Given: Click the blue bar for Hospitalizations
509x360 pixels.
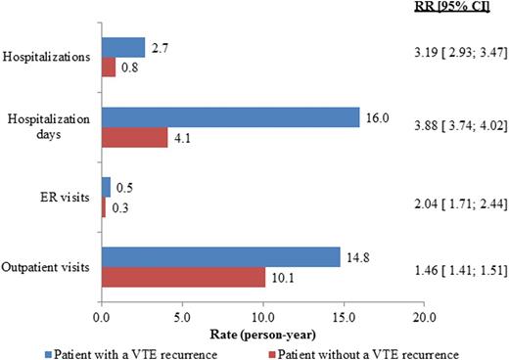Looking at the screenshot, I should [122, 48].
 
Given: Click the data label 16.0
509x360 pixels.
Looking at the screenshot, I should [376, 115].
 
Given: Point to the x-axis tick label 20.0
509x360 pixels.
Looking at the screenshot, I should [423, 318].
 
